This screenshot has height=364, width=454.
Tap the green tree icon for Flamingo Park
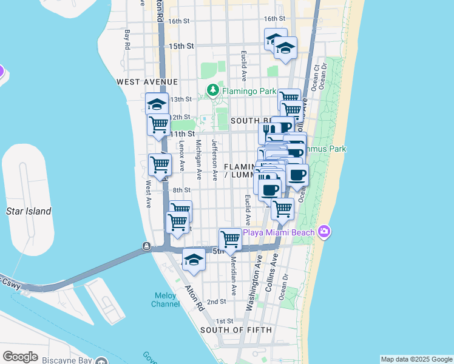point(212,90)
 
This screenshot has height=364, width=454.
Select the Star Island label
point(29,211)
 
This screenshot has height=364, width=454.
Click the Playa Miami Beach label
point(279,232)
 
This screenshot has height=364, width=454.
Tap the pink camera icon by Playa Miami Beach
point(324,231)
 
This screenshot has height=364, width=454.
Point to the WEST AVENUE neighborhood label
point(147,81)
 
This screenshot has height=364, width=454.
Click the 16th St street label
point(180,21)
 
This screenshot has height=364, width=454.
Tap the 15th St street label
point(181,46)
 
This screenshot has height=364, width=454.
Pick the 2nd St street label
point(216,302)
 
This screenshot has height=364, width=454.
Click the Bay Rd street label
point(127,39)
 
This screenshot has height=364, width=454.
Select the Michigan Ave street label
point(198,160)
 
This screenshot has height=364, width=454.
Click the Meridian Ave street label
point(233,266)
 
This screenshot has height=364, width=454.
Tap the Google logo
point(20,357)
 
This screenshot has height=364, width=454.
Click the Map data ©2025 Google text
point(416,359)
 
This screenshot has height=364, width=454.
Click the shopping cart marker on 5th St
point(230,240)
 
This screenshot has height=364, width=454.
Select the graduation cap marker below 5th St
point(194,260)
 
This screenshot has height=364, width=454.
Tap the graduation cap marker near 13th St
point(157,103)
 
